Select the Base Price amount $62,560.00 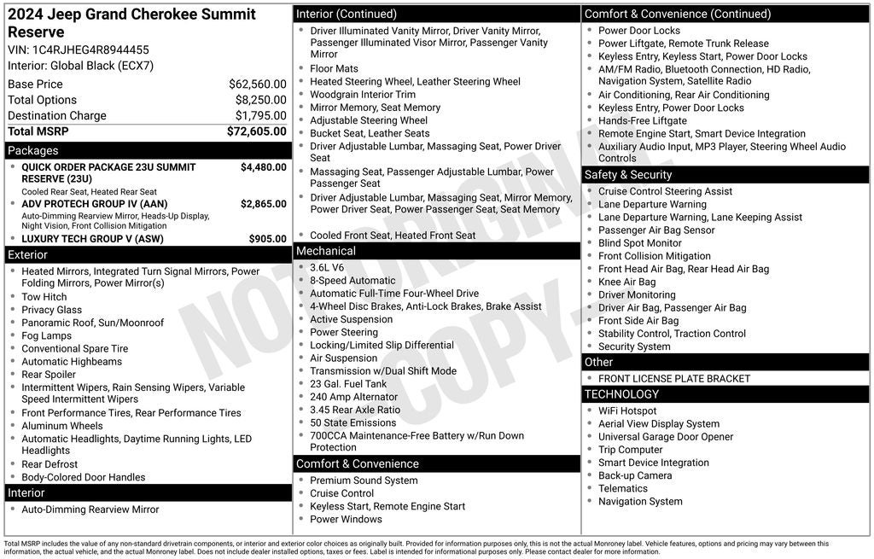coord(257,84)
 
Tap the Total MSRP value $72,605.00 coord(256,131)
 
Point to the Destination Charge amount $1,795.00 coord(260,116)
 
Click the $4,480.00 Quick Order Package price coord(263,167)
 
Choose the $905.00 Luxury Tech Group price coord(267,239)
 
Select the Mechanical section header coord(325,251)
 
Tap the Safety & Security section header coord(628,175)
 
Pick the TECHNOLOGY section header coord(621,394)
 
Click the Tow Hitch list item coord(44,297)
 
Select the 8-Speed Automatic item coord(353,280)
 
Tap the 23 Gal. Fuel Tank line coord(348,384)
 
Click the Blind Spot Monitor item coord(640,243)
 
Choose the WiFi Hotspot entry coord(627,411)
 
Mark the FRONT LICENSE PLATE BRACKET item coord(674,379)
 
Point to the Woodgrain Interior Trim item coord(363,95)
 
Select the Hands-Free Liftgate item coord(643,121)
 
